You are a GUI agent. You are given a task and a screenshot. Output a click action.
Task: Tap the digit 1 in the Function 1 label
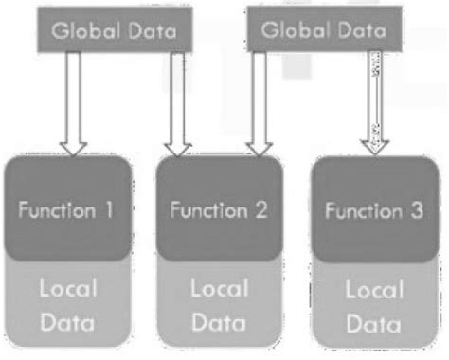point(112,209)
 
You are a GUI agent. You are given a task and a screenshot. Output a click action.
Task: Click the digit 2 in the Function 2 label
point(260,209)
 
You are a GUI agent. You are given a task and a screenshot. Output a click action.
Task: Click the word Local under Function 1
point(69,287)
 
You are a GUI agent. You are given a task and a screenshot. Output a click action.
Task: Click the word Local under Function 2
point(218,287)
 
